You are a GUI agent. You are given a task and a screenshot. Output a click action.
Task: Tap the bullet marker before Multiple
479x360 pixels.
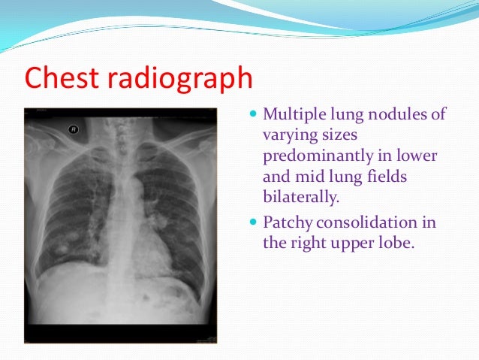[x=252, y=115]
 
